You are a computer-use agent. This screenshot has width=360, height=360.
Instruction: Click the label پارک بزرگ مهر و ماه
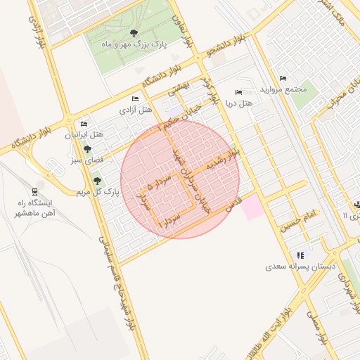(x=136, y=44)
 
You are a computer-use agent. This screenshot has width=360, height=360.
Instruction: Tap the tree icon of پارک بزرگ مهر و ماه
(x=134, y=33)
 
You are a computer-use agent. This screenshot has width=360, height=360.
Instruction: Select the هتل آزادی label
(x=136, y=109)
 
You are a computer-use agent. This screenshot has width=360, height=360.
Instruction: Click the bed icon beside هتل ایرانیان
(x=84, y=124)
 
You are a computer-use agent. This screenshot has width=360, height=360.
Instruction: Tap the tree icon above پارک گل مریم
(x=96, y=181)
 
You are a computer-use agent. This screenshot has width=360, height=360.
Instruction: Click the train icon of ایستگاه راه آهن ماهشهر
(x=35, y=191)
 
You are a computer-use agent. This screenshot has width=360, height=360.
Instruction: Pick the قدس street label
(x=232, y=205)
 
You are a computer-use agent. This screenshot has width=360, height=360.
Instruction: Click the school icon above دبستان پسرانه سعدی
(x=301, y=255)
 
